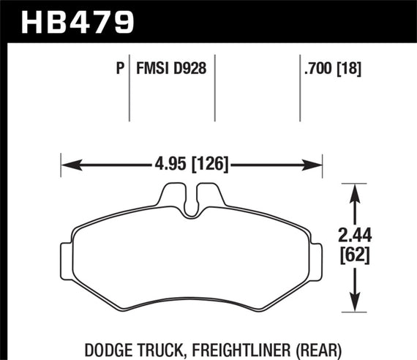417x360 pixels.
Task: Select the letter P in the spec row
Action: click(119, 70)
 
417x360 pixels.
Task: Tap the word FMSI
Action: click(151, 70)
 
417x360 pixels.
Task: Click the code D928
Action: click(189, 70)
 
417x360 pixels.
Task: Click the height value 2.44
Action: click(355, 236)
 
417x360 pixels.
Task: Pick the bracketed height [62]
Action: click(355, 255)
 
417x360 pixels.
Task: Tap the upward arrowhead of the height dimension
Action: click(355, 191)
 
